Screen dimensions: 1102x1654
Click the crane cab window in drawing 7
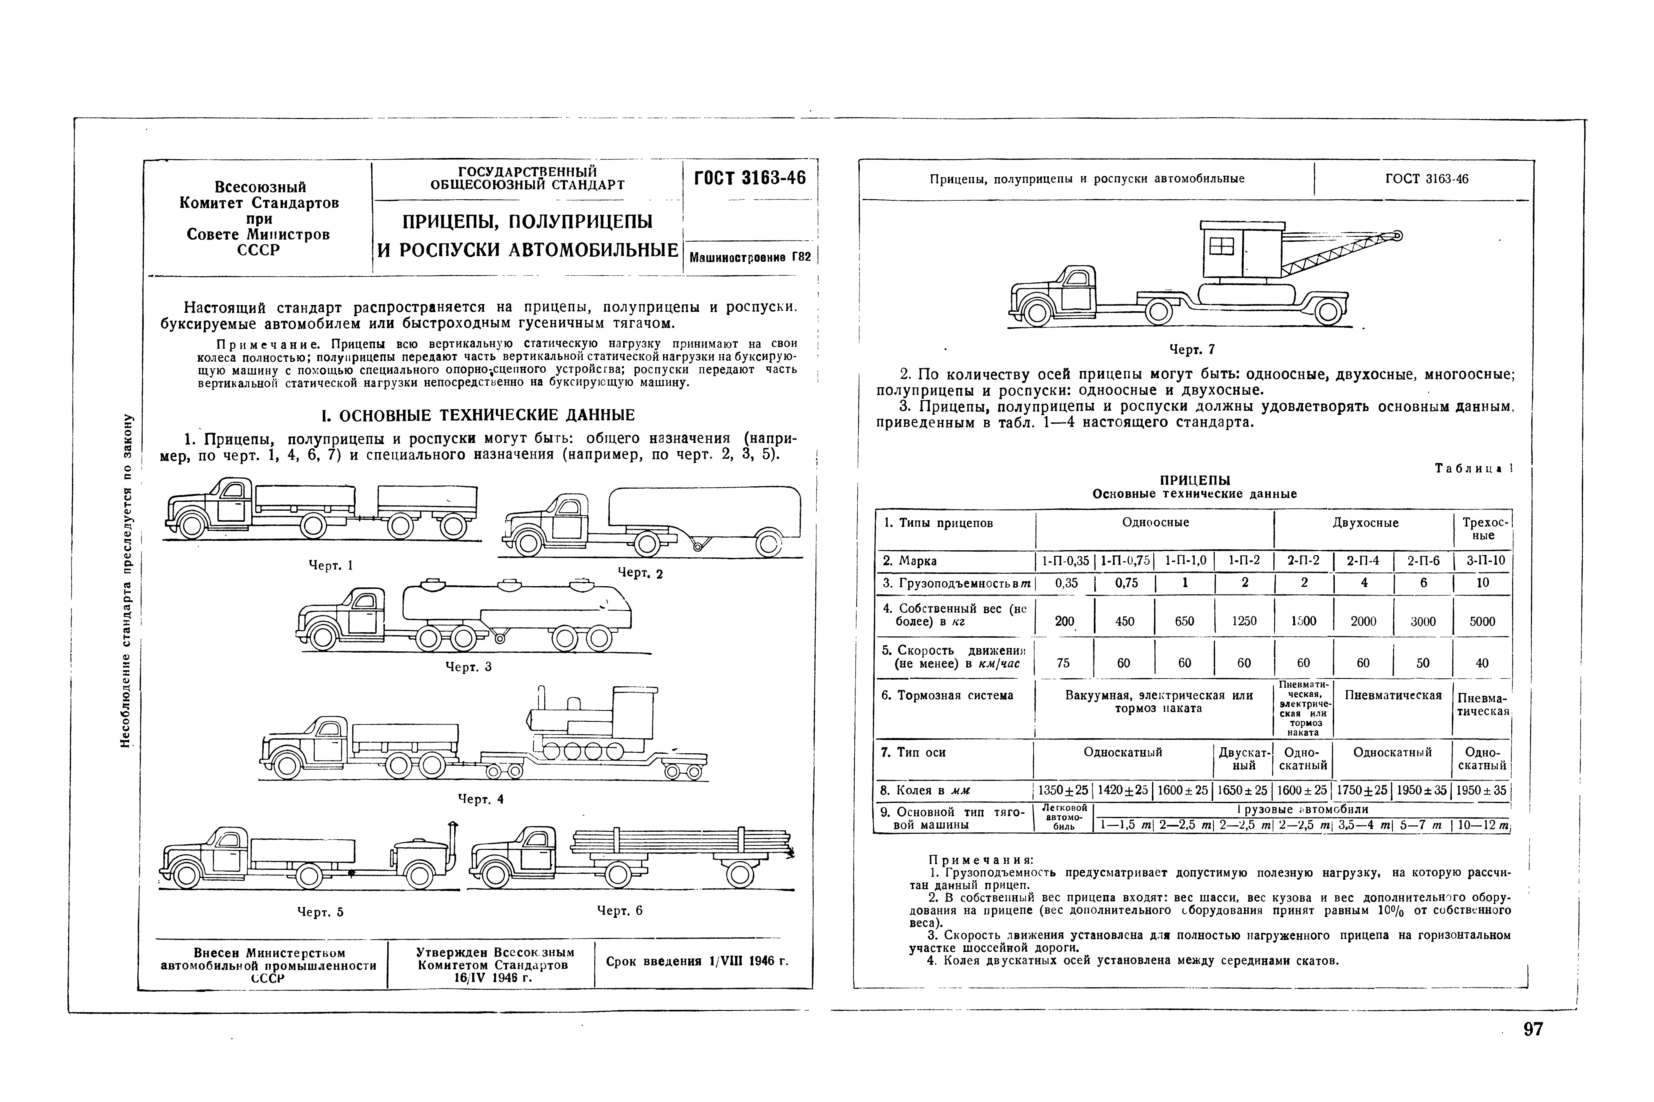1221,247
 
